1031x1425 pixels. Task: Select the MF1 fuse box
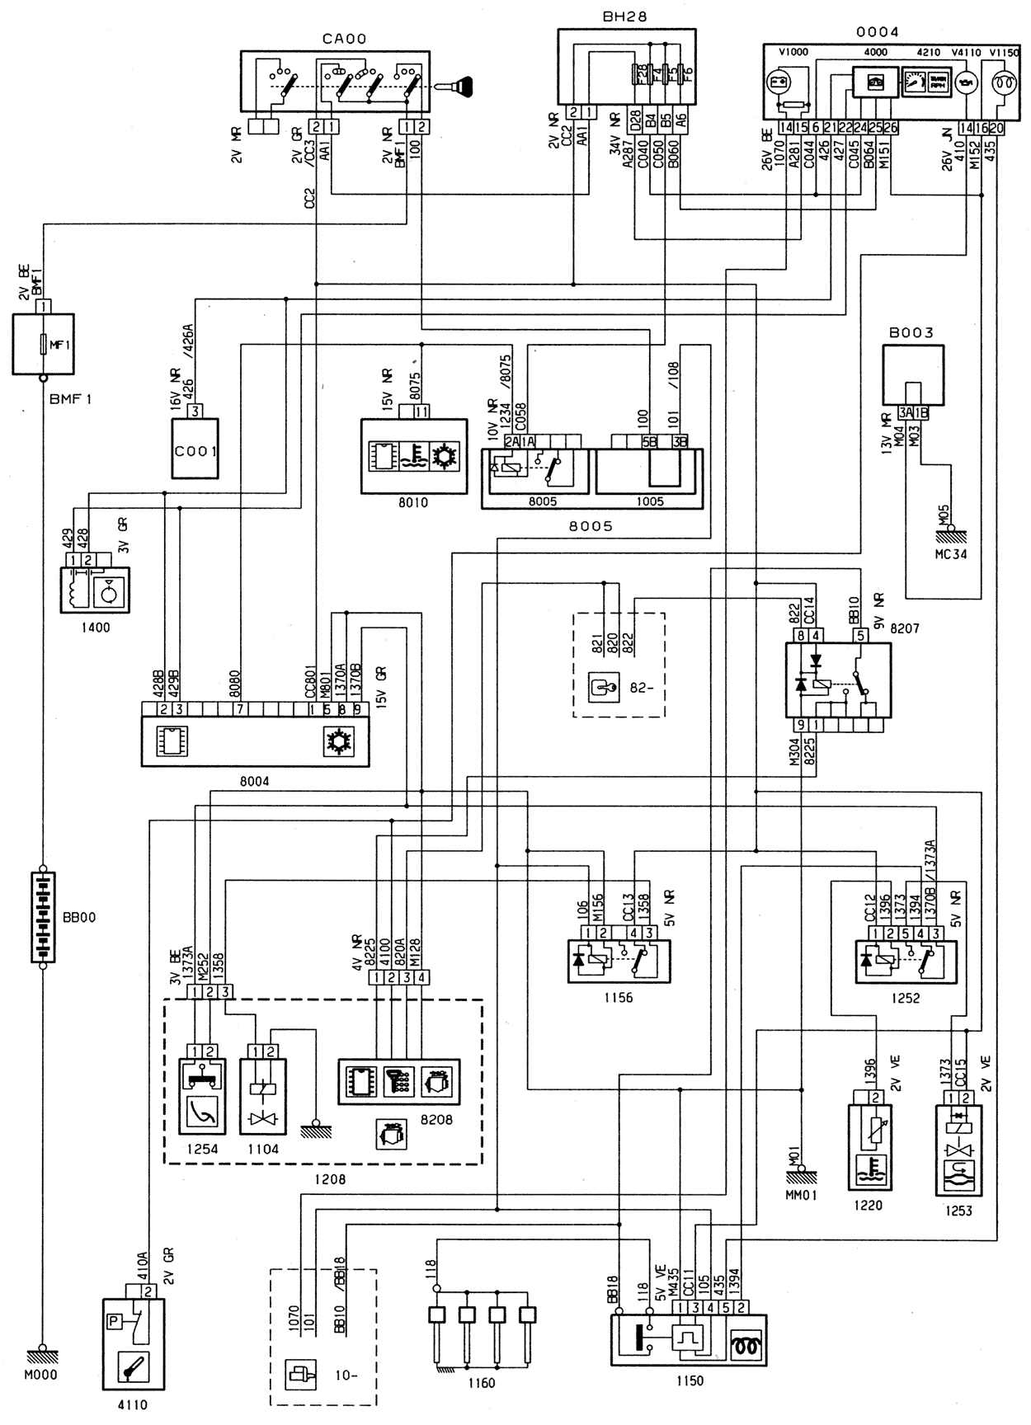click(x=43, y=344)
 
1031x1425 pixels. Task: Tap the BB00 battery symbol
click(x=43, y=915)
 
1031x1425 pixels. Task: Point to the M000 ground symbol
click(x=41, y=1354)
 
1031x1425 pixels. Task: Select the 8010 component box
click(x=412, y=456)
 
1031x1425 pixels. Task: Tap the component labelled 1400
click(x=95, y=590)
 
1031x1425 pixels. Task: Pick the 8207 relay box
click(x=838, y=681)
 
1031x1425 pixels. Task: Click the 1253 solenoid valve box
click(x=959, y=1150)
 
